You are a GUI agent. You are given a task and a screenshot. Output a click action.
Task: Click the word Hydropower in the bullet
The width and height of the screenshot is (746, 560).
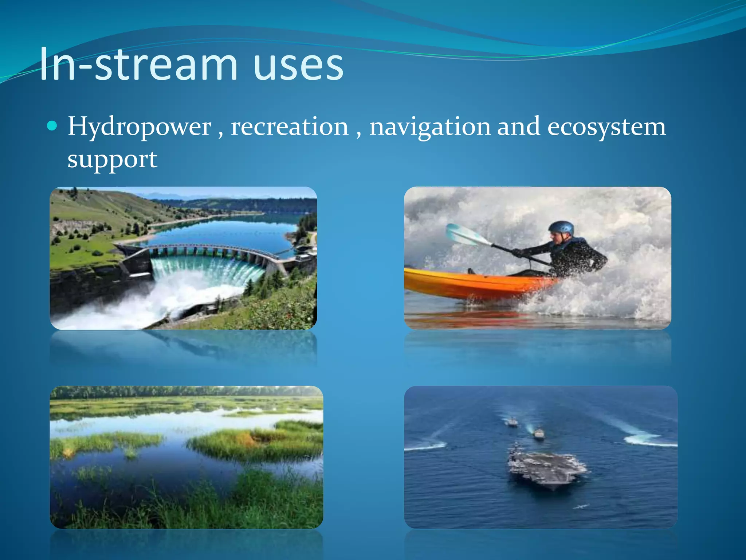[140, 127]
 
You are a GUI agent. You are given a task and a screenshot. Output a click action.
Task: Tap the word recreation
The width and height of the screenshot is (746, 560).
[290, 127]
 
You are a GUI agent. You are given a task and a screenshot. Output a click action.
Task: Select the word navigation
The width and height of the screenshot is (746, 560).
[430, 127]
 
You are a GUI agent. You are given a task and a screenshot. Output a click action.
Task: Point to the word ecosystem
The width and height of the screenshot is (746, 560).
[606, 127]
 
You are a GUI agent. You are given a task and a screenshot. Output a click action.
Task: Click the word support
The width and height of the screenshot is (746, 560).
[112, 160]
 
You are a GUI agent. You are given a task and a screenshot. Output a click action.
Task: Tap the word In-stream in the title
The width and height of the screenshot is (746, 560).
[138, 66]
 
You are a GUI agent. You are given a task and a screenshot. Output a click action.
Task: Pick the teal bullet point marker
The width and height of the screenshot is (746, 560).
[52, 126]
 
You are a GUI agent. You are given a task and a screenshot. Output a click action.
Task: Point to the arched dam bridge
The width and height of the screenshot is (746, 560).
[204, 249]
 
